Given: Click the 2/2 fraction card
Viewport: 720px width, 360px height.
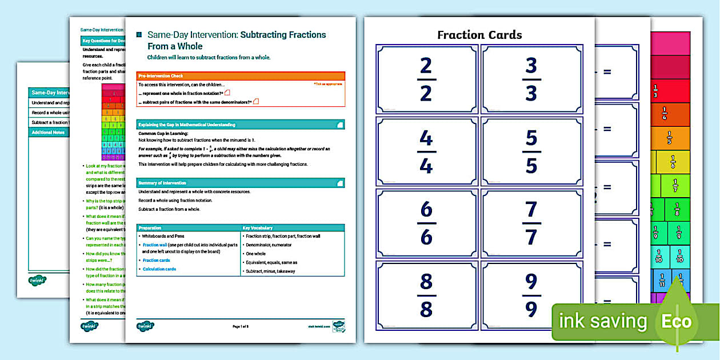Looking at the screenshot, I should tap(426, 79).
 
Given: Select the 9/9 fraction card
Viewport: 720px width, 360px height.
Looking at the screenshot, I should tap(531, 295).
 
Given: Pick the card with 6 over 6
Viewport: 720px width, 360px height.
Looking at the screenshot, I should tap(426, 223).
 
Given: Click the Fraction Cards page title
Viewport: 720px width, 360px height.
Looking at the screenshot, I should tap(479, 35).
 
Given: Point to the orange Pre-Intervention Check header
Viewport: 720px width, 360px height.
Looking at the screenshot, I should tap(241, 76).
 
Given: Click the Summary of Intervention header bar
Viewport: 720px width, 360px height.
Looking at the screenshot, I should tap(241, 183).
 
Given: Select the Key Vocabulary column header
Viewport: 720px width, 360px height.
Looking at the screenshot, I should tap(292, 228).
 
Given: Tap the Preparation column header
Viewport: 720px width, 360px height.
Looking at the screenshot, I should tap(188, 228).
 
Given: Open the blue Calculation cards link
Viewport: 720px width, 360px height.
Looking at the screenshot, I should tap(159, 269).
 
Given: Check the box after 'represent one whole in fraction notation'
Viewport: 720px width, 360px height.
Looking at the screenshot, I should tap(227, 93).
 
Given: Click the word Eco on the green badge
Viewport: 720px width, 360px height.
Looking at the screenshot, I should tap(677, 321).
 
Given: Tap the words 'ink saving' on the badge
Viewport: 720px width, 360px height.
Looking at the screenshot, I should tap(603, 321).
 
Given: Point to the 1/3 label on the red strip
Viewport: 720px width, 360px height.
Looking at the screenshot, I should tap(655, 91).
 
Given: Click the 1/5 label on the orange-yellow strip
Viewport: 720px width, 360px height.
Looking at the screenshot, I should tap(669, 138).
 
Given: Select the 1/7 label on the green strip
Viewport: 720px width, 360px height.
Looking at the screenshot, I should tap(675, 185).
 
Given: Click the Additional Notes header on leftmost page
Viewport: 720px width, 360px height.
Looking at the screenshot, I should tap(49, 132).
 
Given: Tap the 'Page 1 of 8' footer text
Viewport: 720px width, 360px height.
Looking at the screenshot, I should tap(241, 326).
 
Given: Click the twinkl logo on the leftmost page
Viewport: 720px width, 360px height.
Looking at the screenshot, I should tap(37, 281).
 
